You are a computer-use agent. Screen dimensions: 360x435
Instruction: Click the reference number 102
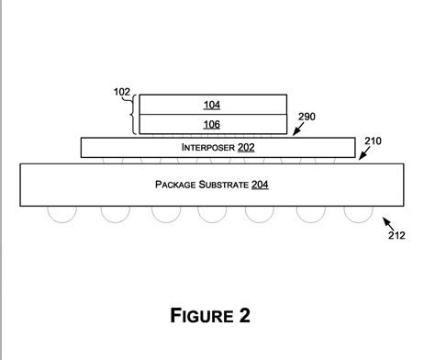click(121, 92)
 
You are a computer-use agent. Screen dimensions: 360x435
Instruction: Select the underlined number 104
click(211, 105)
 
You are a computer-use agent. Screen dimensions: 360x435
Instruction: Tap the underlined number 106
click(211, 124)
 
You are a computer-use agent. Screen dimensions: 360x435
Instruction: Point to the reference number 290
click(307, 118)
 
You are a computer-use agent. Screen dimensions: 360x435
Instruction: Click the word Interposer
click(208, 147)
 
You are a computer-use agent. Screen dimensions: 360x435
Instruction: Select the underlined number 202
click(246, 147)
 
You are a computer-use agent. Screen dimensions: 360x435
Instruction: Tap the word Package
click(178, 185)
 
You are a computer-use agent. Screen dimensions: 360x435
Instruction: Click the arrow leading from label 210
click(362, 152)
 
